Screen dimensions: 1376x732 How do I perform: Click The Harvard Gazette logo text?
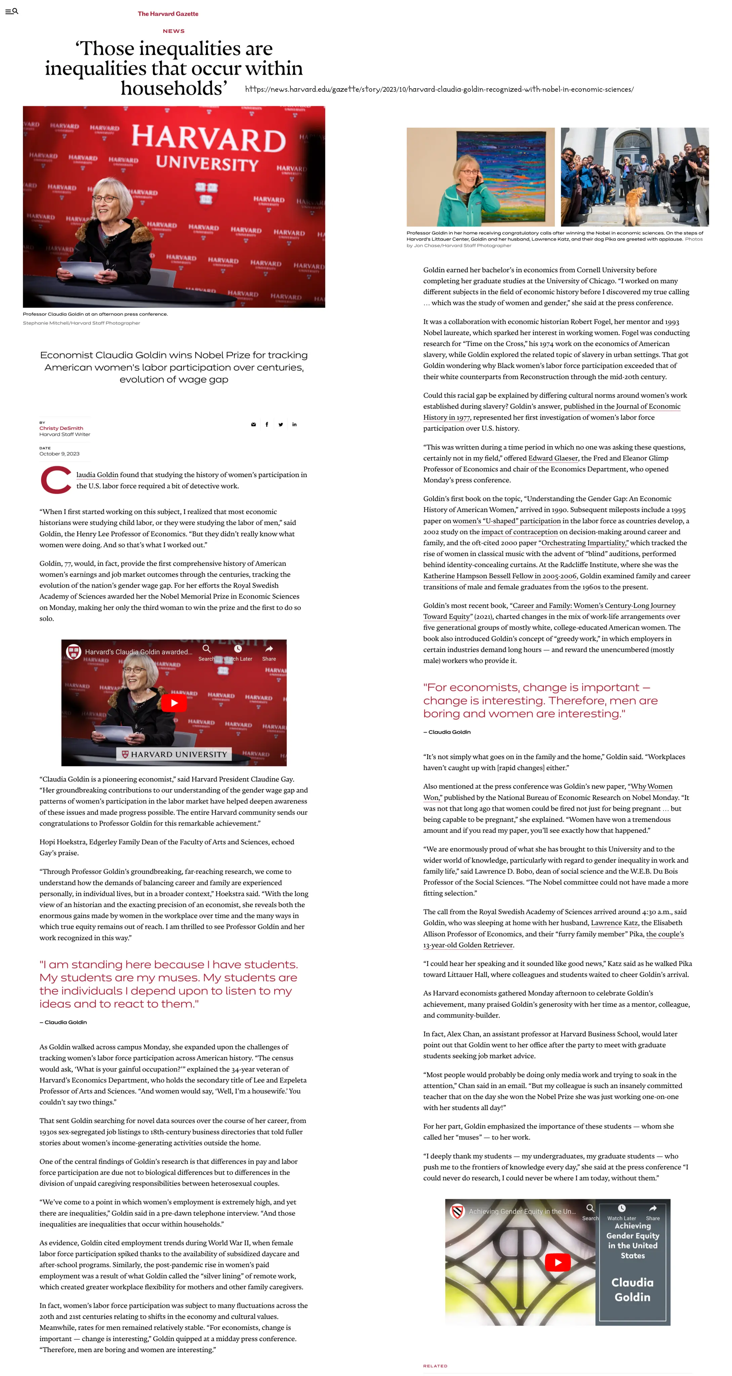click(x=168, y=14)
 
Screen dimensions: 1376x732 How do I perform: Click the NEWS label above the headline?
click(x=174, y=31)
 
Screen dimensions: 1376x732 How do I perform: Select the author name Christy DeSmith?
click(x=61, y=428)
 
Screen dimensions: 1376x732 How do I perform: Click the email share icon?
click(x=253, y=425)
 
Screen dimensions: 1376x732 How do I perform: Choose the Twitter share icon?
click(x=281, y=425)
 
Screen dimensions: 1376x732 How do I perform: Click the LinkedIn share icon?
click(x=294, y=425)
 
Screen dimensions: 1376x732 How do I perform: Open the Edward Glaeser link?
click(x=553, y=458)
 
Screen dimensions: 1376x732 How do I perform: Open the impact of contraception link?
click(x=519, y=532)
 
